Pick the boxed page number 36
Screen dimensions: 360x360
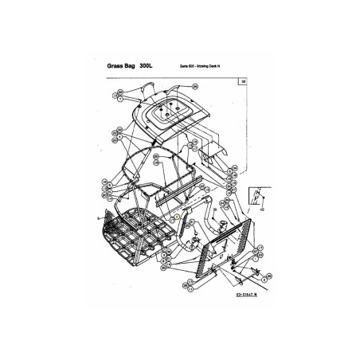242,80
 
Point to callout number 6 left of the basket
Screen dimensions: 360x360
98,217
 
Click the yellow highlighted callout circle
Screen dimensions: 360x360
175,217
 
